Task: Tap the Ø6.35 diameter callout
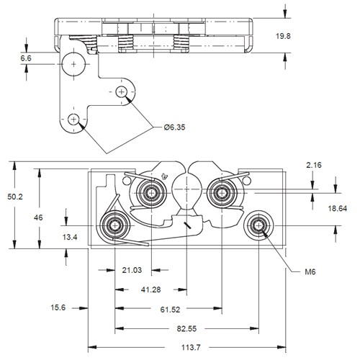click(x=175, y=127)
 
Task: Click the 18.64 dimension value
click(x=336, y=208)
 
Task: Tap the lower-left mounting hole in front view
click(x=114, y=226)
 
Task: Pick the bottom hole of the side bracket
click(x=73, y=119)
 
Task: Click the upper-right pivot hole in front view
click(x=220, y=192)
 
